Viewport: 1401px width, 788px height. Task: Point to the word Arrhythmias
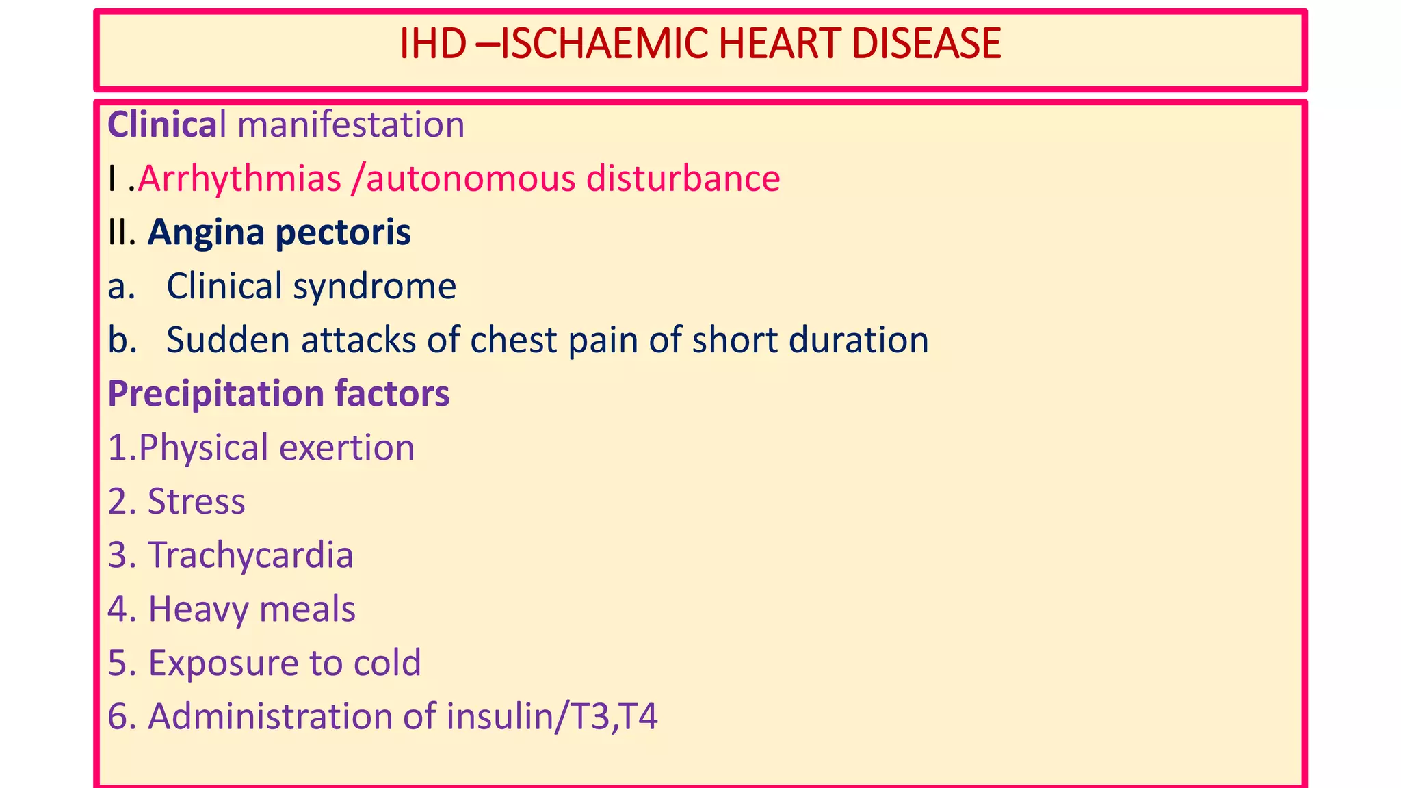pyautogui.click(x=239, y=179)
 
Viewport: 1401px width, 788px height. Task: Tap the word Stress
pyautogui.click(x=196, y=501)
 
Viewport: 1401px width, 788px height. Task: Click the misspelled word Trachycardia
pyautogui.click(x=250, y=555)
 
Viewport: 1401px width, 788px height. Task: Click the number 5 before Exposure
pyautogui.click(x=118, y=663)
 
